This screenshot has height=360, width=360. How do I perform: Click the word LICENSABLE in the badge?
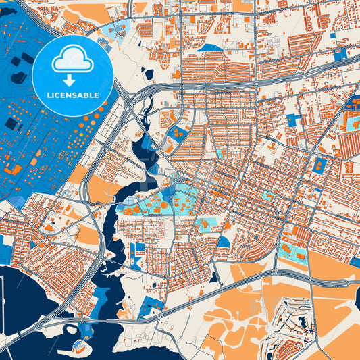point(72,95)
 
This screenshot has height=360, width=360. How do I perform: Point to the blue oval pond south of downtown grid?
point(223,241)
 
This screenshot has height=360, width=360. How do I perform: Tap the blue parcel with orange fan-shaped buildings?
point(177,133)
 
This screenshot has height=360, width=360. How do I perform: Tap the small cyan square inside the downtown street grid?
point(269,196)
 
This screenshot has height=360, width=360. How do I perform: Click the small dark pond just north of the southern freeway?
point(213,277)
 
